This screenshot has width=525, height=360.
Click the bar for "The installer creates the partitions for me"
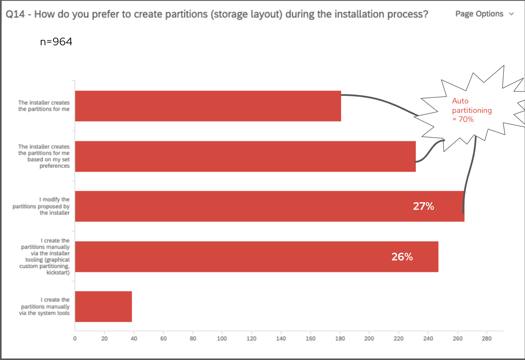(207, 106)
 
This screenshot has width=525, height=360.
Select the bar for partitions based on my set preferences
(245, 157)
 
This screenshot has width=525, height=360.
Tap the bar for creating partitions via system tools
(103, 306)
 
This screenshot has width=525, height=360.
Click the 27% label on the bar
(423, 206)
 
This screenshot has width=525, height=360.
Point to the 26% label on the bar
(402, 257)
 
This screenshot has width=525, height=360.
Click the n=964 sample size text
(56, 42)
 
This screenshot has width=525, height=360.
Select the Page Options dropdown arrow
(511, 14)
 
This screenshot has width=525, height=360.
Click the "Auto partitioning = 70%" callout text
(471, 110)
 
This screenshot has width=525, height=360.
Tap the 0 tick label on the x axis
(75, 338)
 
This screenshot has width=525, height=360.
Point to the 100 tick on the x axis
(222, 338)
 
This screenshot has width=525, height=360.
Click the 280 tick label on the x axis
(487, 338)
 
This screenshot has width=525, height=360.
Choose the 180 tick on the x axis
(340, 338)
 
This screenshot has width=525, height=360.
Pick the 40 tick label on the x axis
(134, 338)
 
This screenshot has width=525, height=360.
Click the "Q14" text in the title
(15, 14)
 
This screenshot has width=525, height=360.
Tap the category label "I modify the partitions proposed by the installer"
(41, 206)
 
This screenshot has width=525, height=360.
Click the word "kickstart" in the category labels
(57, 272)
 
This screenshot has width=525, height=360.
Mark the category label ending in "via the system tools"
(45, 306)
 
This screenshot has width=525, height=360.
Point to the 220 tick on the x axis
(399, 338)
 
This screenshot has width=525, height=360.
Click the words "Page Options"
(479, 14)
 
